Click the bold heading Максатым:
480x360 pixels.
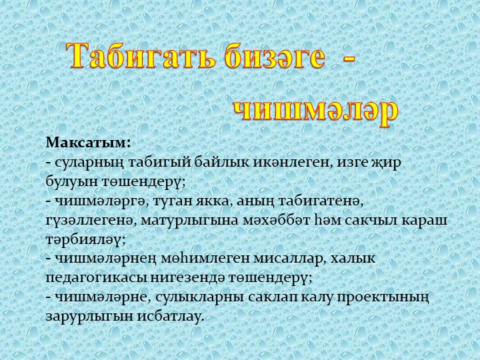pyautogui.click(x=88, y=143)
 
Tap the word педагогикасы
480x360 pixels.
pyautogui.click(x=96, y=276)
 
